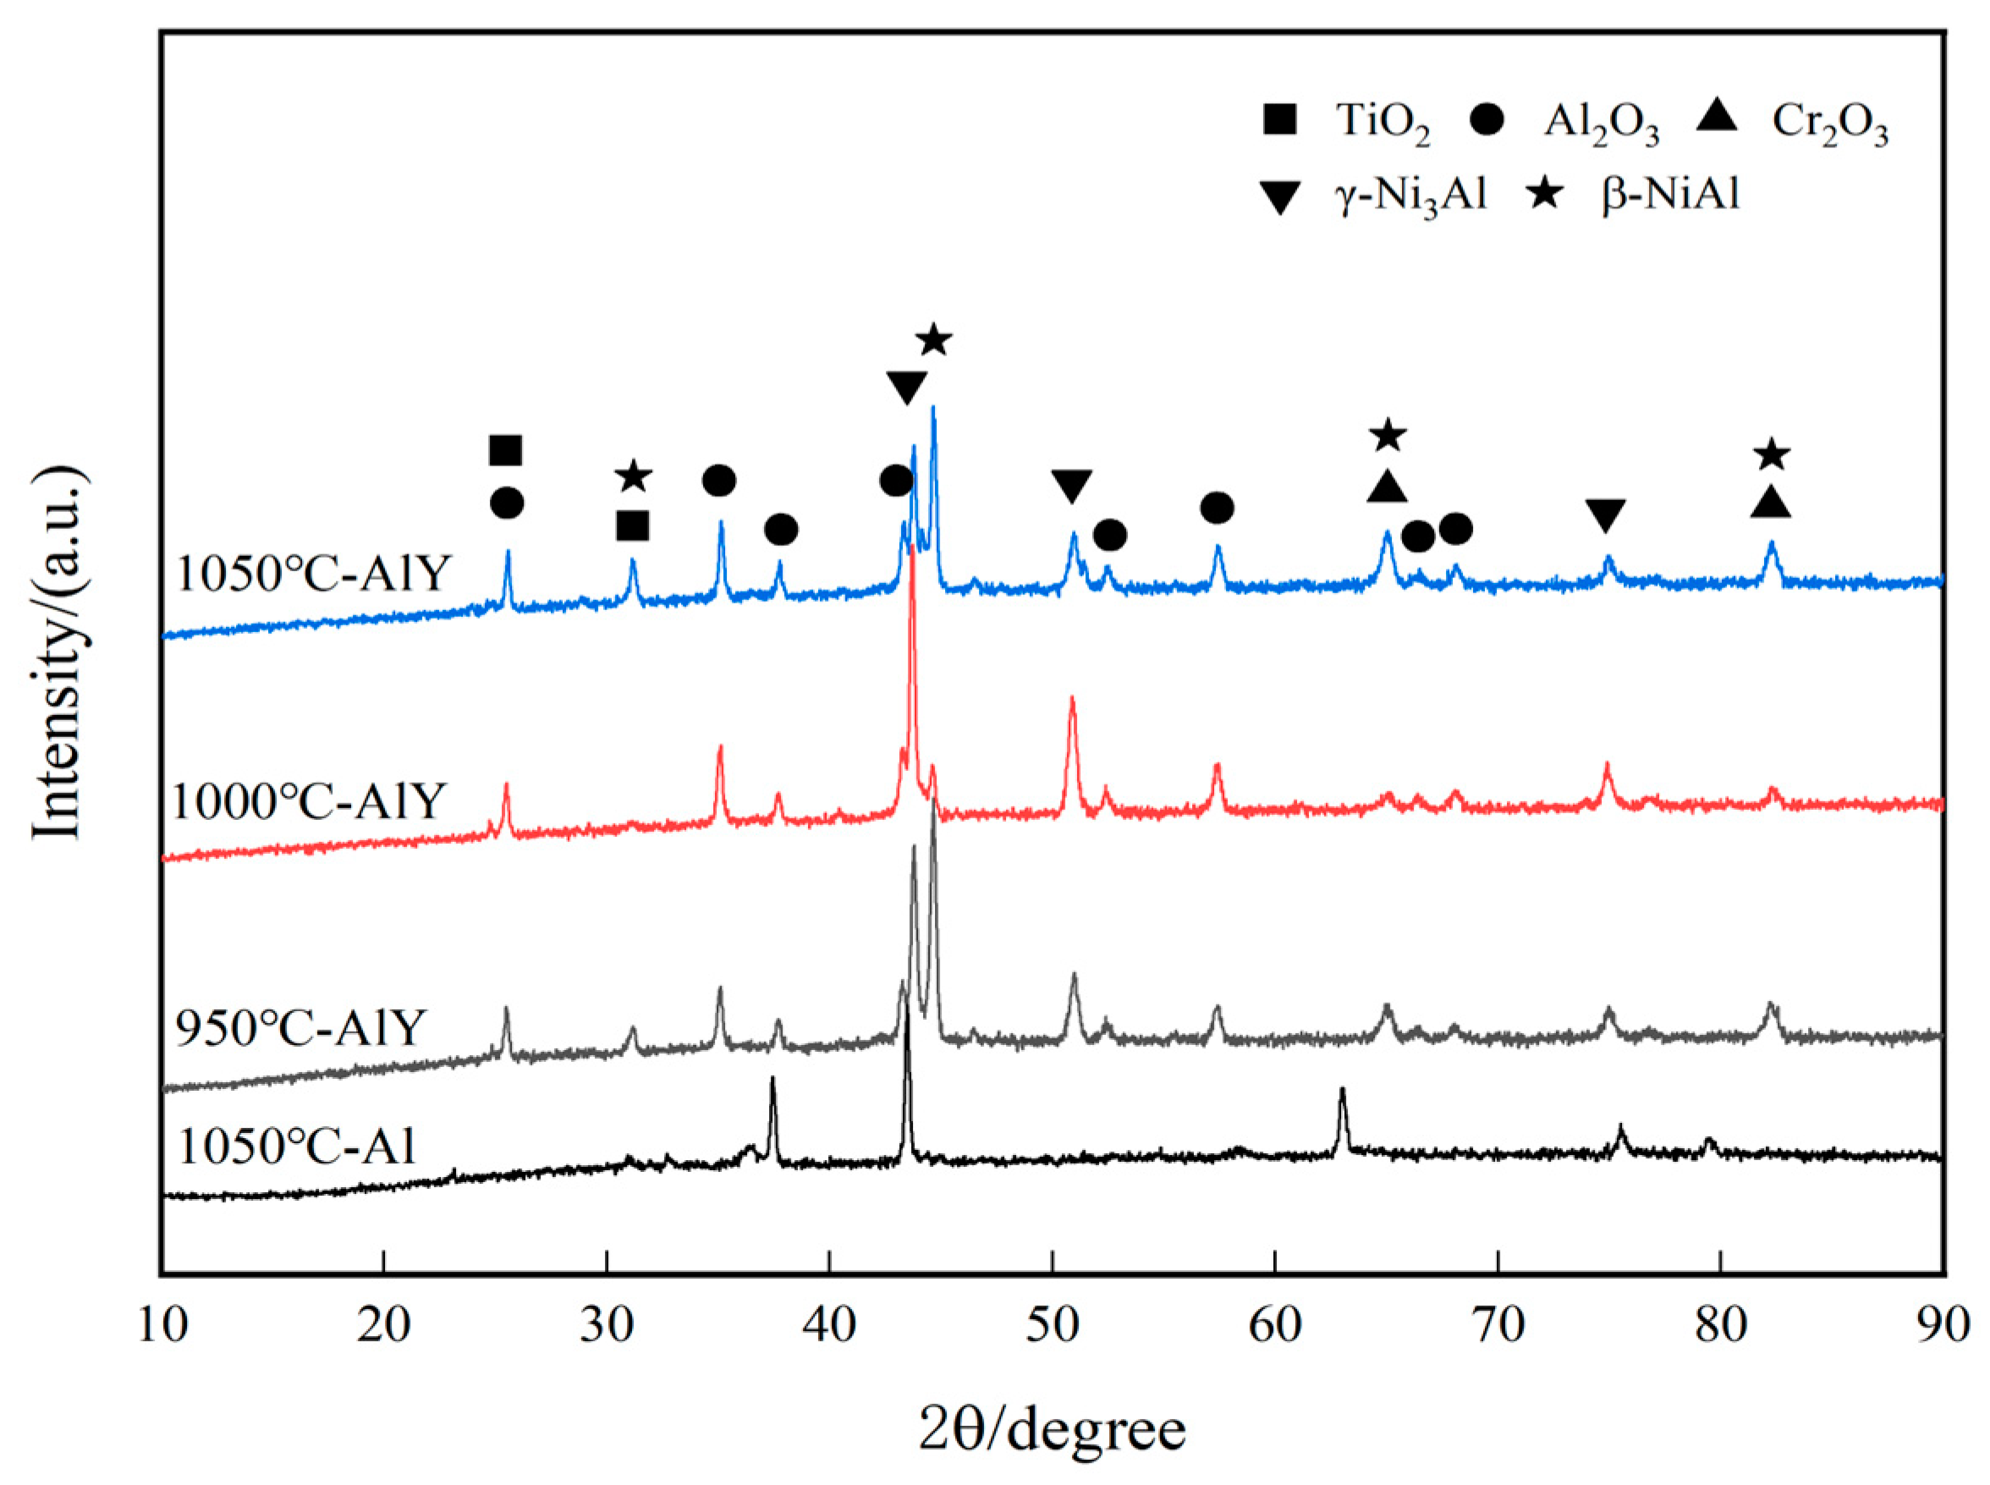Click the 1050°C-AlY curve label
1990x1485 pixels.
[x=312, y=574]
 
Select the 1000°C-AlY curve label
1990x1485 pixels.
[x=308, y=800]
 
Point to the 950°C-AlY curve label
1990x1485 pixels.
[x=300, y=1027]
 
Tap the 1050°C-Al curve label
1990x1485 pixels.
[x=298, y=1146]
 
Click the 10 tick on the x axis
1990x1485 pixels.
[x=162, y=1326]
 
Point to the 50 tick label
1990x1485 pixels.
[x=1053, y=1326]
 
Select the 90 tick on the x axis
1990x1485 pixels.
[x=1943, y=1326]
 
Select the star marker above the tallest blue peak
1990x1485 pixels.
[x=934, y=341]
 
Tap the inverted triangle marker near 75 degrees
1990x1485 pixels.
[x=1605, y=515]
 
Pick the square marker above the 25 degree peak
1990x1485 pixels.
[x=505, y=450]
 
